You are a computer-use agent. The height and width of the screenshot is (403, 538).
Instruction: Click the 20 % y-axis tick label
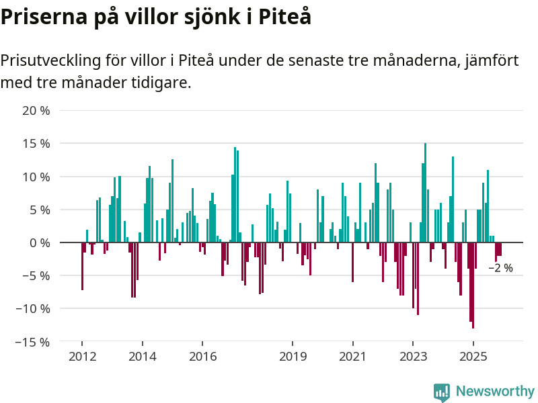pos(36,111)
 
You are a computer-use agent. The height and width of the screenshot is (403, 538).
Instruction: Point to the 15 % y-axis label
pos(36,144)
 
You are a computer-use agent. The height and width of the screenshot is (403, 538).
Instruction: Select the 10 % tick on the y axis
pos(36,177)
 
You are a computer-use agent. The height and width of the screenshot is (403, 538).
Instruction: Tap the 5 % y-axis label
pos(40,210)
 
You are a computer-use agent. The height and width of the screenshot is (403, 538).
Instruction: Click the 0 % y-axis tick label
pos(40,242)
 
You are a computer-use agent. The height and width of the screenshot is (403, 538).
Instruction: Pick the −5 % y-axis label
pos(36,275)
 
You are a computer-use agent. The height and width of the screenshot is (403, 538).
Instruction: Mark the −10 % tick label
pos(33,308)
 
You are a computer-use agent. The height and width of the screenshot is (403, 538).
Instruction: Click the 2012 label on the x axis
pos(82,357)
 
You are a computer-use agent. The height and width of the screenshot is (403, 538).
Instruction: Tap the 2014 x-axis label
pos(143,357)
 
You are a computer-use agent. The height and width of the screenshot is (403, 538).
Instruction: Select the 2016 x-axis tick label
pos(203,357)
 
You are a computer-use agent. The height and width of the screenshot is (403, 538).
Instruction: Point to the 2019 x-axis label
pos(293,357)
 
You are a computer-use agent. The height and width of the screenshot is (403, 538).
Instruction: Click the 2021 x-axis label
pos(352,357)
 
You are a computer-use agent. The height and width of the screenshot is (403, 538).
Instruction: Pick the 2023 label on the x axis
pos(413,357)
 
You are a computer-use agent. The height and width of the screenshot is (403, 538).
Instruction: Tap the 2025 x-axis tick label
pos(473,357)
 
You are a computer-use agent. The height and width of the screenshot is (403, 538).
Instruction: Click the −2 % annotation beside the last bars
pos(500,268)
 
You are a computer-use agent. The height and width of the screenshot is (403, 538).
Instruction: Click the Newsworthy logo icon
pos(442,392)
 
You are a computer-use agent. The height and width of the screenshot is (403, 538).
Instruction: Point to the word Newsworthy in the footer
pos(495,392)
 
